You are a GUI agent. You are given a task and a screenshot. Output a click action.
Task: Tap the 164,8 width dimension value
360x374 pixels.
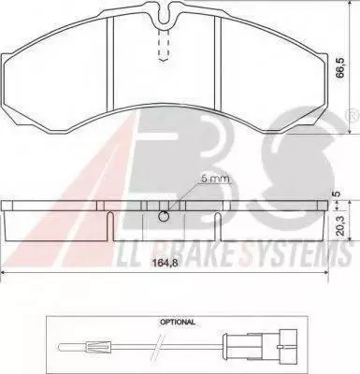166,263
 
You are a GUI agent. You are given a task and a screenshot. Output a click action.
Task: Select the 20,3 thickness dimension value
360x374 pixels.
340,225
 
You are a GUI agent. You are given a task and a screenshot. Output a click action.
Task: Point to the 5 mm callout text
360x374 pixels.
216,179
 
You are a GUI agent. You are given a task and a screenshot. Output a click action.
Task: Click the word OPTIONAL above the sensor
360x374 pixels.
178,323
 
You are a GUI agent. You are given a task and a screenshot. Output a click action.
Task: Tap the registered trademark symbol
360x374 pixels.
352,115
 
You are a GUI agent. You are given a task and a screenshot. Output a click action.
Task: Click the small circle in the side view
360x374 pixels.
164,216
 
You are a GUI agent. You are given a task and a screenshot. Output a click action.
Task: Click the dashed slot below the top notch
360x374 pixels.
165,45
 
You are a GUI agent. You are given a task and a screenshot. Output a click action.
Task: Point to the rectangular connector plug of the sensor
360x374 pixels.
287,346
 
